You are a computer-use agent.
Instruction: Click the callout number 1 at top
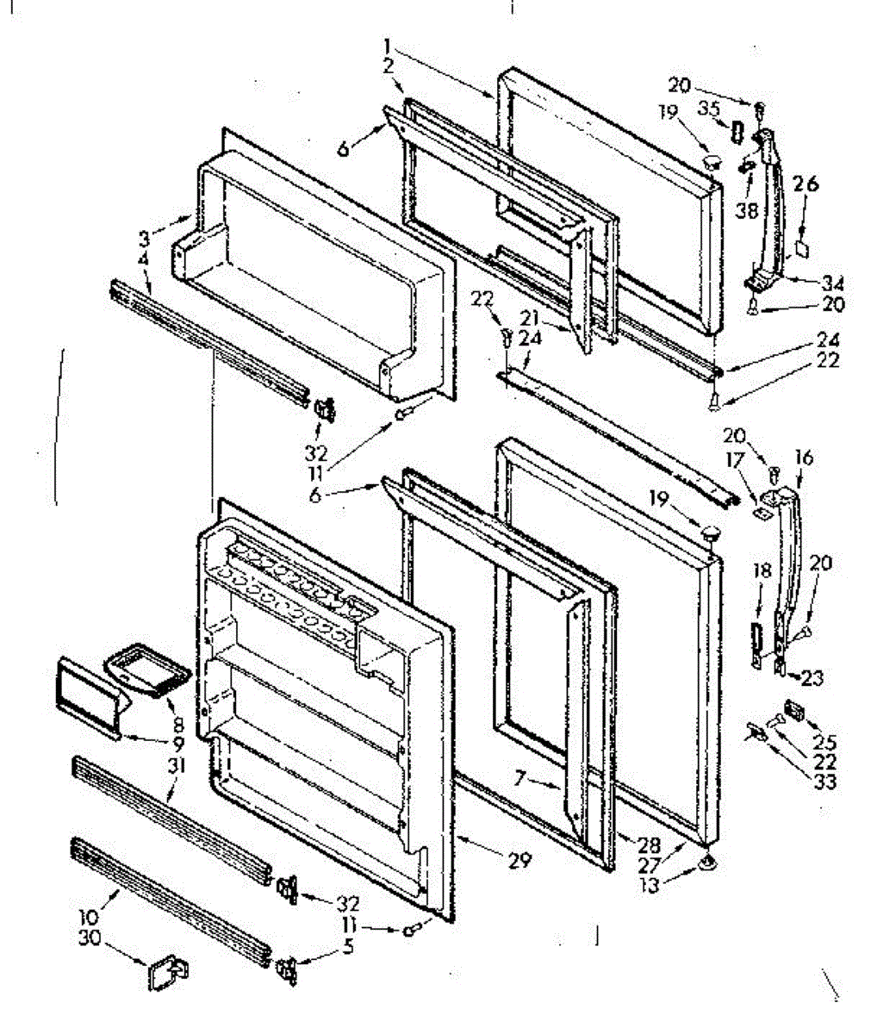[x=389, y=45]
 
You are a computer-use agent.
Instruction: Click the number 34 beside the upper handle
[x=832, y=283]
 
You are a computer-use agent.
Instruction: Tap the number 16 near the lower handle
[x=803, y=457]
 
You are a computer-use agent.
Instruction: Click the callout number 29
[x=519, y=859]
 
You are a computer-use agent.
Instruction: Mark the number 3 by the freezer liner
[x=144, y=236]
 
